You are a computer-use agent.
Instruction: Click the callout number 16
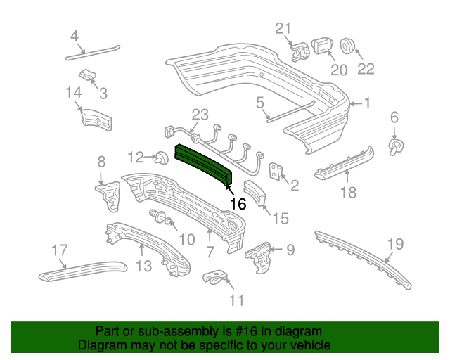click(x=238, y=204)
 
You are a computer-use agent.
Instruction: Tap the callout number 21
click(x=282, y=28)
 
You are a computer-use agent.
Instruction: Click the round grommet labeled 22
click(x=349, y=46)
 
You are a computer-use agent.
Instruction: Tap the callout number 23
click(x=201, y=115)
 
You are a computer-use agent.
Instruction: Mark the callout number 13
click(x=143, y=266)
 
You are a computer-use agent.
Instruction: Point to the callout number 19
click(x=396, y=245)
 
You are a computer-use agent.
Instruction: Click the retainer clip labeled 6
click(x=396, y=145)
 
